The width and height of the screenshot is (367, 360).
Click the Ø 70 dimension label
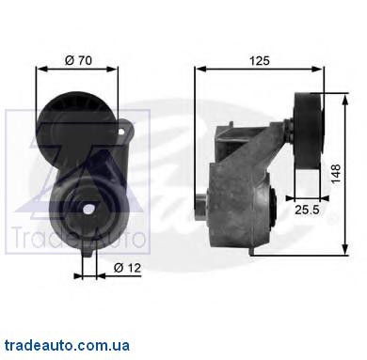click(x=78, y=60)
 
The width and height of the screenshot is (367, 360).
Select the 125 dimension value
click(x=260, y=60)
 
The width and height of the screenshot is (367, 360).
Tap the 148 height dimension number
click(x=336, y=174)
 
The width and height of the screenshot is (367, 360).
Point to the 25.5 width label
click(x=307, y=210)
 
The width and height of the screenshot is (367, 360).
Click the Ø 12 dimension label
click(x=127, y=268)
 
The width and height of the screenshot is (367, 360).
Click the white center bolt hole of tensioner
click(x=89, y=209)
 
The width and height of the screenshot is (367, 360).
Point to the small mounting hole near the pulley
click(x=122, y=131)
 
